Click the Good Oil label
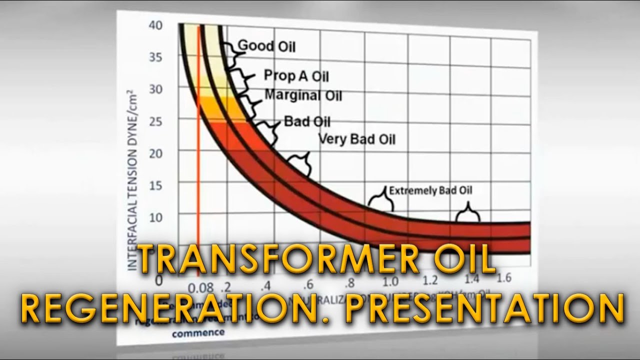[266, 46]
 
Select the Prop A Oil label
[296, 76]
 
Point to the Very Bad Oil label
[356, 138]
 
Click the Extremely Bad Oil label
[430, 190]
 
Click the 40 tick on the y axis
[155, 25]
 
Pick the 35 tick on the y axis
[155, 57]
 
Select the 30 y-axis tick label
[156, 89]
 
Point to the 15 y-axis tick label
[156, 185]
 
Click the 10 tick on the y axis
[156, 217]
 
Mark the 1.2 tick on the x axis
[429, 280]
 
